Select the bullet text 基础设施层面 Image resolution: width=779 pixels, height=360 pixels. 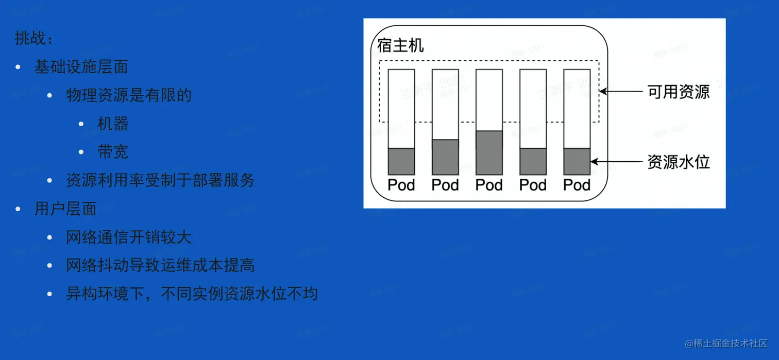[81, 67]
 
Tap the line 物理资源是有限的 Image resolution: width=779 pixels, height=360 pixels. [129, 95]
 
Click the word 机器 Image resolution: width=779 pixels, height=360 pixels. [113, 124]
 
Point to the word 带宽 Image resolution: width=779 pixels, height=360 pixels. [113, 152]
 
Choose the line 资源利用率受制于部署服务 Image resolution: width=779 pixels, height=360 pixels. [160, 180]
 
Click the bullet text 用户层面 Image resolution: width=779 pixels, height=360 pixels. [65, 209]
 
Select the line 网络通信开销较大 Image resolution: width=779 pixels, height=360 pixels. [129, 237]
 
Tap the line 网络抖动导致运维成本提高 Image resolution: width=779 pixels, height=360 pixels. [160, 265]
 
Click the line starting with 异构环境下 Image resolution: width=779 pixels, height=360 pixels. [192, 294]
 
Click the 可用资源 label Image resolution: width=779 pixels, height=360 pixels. [679, 92]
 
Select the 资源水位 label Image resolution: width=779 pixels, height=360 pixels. [679, 162]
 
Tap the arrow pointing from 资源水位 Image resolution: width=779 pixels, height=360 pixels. [614, 162]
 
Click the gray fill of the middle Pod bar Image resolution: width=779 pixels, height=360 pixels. [489, 152]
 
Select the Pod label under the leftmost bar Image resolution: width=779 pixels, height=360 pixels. [401, 185]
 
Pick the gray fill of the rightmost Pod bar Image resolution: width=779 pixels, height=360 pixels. [577, 161]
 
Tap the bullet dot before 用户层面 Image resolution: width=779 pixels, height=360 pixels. [19, 209]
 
